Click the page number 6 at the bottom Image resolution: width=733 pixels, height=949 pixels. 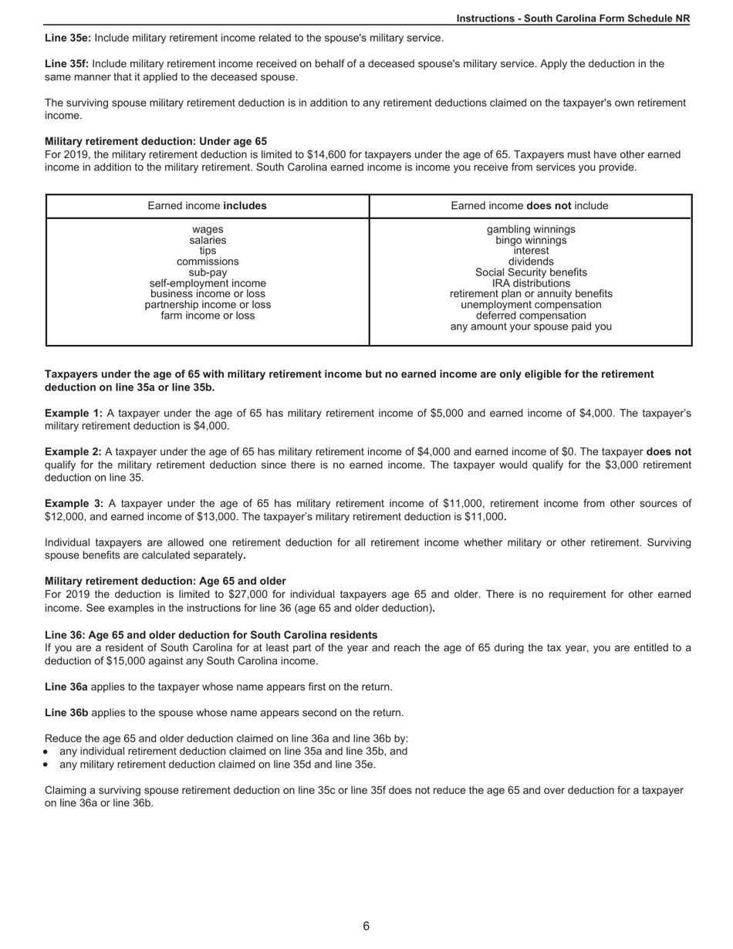click(x=366, y=926)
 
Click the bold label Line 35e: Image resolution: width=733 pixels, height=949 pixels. click(x=67, y=38)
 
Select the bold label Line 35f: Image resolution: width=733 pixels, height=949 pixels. click(x=66, y=64)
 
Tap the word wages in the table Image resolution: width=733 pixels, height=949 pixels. click(x=208, y=230)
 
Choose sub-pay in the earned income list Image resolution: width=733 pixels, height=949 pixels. click(x=208, y=272)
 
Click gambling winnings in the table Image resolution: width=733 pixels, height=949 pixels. click(x=531, y=230)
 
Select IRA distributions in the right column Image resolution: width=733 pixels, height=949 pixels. click(x=531, y=283)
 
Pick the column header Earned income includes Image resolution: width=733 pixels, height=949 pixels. click(x=208, y=206)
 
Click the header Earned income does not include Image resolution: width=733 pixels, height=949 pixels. click(x=529, y=206)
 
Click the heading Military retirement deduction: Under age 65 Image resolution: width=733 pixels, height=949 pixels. click(x=156, y=142)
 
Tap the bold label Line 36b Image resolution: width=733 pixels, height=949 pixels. click(x=66, y=713)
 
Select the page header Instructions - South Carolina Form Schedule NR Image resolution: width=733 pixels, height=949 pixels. click(x=573, y=19)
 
